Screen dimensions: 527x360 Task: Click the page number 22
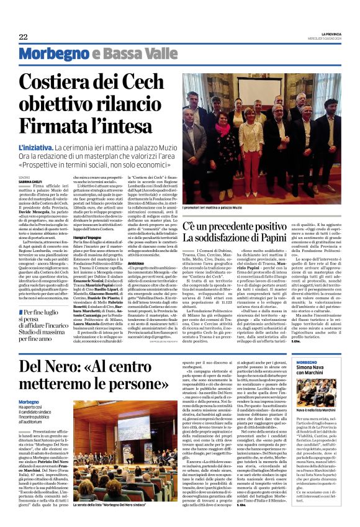pyautogui.click(x=23, y=37)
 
